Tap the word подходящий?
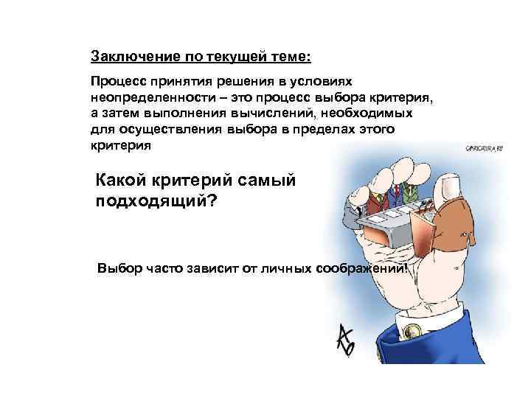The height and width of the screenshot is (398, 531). coord(156,200)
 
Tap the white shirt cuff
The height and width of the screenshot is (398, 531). coord(413,310)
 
